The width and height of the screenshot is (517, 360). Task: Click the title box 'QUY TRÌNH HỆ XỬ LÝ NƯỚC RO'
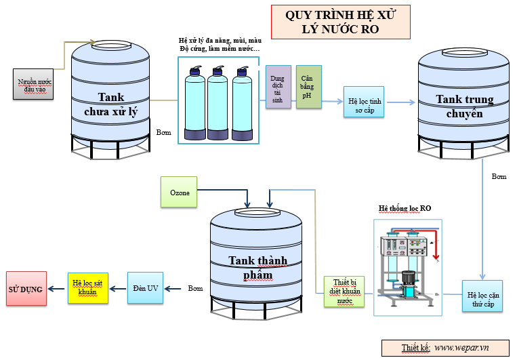[x=340, y=22]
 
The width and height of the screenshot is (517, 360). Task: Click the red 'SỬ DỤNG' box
[x=26, y=289]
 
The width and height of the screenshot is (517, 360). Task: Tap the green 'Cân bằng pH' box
[x=308, y=87]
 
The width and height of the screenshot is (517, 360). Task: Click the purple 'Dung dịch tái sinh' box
[x=278, y=87]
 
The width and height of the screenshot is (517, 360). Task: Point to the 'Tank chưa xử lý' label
[x=110, y=104]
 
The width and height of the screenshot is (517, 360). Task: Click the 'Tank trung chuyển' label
[x=463, y=106]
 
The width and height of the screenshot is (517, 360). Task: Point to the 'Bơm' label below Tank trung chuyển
[x=499, y=177]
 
